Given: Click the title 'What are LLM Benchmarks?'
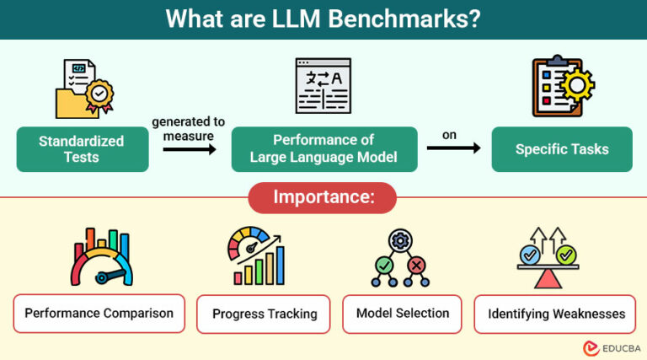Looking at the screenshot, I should [323, 19].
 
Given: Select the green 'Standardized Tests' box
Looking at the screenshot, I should [82, 149].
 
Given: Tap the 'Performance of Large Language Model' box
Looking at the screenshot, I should [324, 149].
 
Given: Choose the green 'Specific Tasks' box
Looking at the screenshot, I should [562, 149].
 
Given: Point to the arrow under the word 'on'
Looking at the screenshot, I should [453, 149].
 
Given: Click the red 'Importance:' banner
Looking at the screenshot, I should [323, 198].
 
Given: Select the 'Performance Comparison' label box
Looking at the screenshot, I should [99, 314].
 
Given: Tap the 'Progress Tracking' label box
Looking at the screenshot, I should [265, 314].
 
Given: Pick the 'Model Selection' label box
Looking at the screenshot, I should [403, 314].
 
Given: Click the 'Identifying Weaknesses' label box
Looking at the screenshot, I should [556, 314].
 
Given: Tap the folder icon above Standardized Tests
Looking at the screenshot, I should [82, 89].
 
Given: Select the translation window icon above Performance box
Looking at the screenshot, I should [323, 87].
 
